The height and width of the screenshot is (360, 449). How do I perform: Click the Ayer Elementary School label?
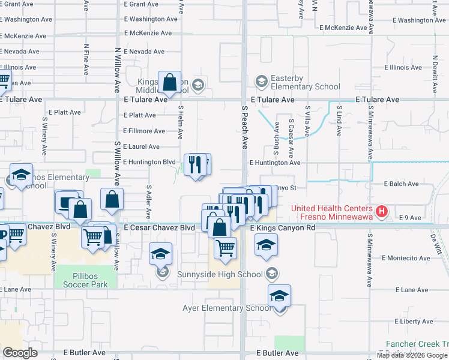coord(226,308)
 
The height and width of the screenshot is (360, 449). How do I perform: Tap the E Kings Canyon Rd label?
coord(282,228)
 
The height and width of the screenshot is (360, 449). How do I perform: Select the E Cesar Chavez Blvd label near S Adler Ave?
coord(159,228)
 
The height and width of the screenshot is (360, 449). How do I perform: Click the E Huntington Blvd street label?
coord(149,162)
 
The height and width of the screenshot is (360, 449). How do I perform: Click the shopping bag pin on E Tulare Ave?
coord(170,83)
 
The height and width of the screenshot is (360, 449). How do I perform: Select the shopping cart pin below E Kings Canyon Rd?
coord(225,247)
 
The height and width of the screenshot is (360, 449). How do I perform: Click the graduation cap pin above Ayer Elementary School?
coord(279,296)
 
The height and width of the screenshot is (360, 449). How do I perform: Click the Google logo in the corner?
coord(20,353)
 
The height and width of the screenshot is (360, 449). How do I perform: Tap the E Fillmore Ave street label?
coord(143,131)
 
